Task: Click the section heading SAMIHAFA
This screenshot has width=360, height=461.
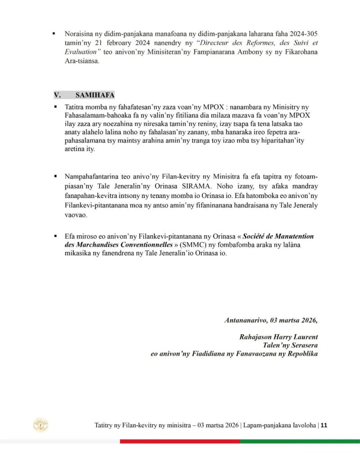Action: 95,95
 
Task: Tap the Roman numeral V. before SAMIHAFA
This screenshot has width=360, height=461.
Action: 57,95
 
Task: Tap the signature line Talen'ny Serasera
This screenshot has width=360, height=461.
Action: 291,345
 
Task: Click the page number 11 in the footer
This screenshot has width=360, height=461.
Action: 324,425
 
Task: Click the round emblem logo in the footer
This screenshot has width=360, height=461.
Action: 41,425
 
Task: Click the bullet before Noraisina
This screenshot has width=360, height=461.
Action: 54,33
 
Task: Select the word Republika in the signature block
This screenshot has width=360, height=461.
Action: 301,354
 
